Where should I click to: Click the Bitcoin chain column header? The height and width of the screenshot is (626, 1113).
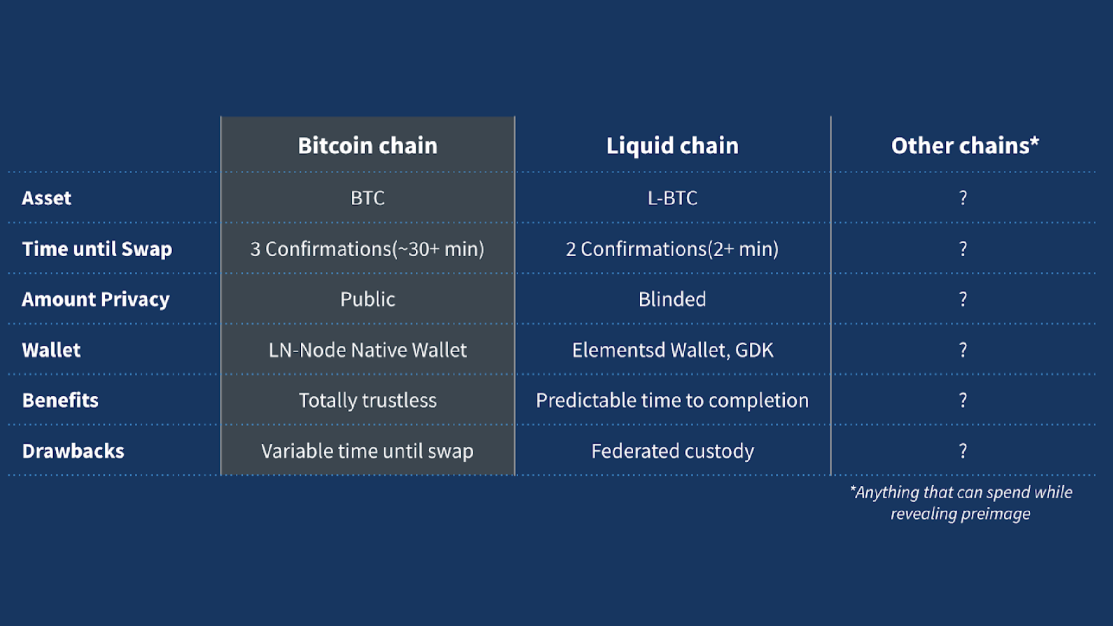point(368,146)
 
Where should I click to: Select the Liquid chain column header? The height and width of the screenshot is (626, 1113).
point(672,146)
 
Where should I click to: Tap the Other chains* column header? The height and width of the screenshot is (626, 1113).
point(965,146)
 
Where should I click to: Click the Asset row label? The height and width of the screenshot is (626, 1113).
point(46,198)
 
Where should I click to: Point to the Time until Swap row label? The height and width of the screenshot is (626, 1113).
point(97,249)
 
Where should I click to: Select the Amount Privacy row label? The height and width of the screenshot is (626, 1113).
point(96,300)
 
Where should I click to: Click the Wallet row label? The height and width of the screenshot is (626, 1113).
point(51,350)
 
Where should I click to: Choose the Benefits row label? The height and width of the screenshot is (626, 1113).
point(60,400)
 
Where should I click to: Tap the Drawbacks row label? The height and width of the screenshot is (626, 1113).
point(73,451)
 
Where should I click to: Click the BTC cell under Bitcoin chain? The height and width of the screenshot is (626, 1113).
point(368,198)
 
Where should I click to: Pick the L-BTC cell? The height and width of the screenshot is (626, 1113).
point(672,198)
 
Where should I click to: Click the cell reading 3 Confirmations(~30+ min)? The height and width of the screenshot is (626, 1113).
point(367,249)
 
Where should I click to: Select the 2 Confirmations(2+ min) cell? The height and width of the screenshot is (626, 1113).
point(672,249)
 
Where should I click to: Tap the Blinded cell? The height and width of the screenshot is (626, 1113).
point(672,299)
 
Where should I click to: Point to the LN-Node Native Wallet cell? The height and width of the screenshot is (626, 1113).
point(368,350)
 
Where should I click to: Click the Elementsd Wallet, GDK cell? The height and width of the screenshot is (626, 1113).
point(672,350)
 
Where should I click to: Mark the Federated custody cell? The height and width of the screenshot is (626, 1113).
point(672,451)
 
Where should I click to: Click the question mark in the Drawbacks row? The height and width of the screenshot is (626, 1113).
point(963,451)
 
